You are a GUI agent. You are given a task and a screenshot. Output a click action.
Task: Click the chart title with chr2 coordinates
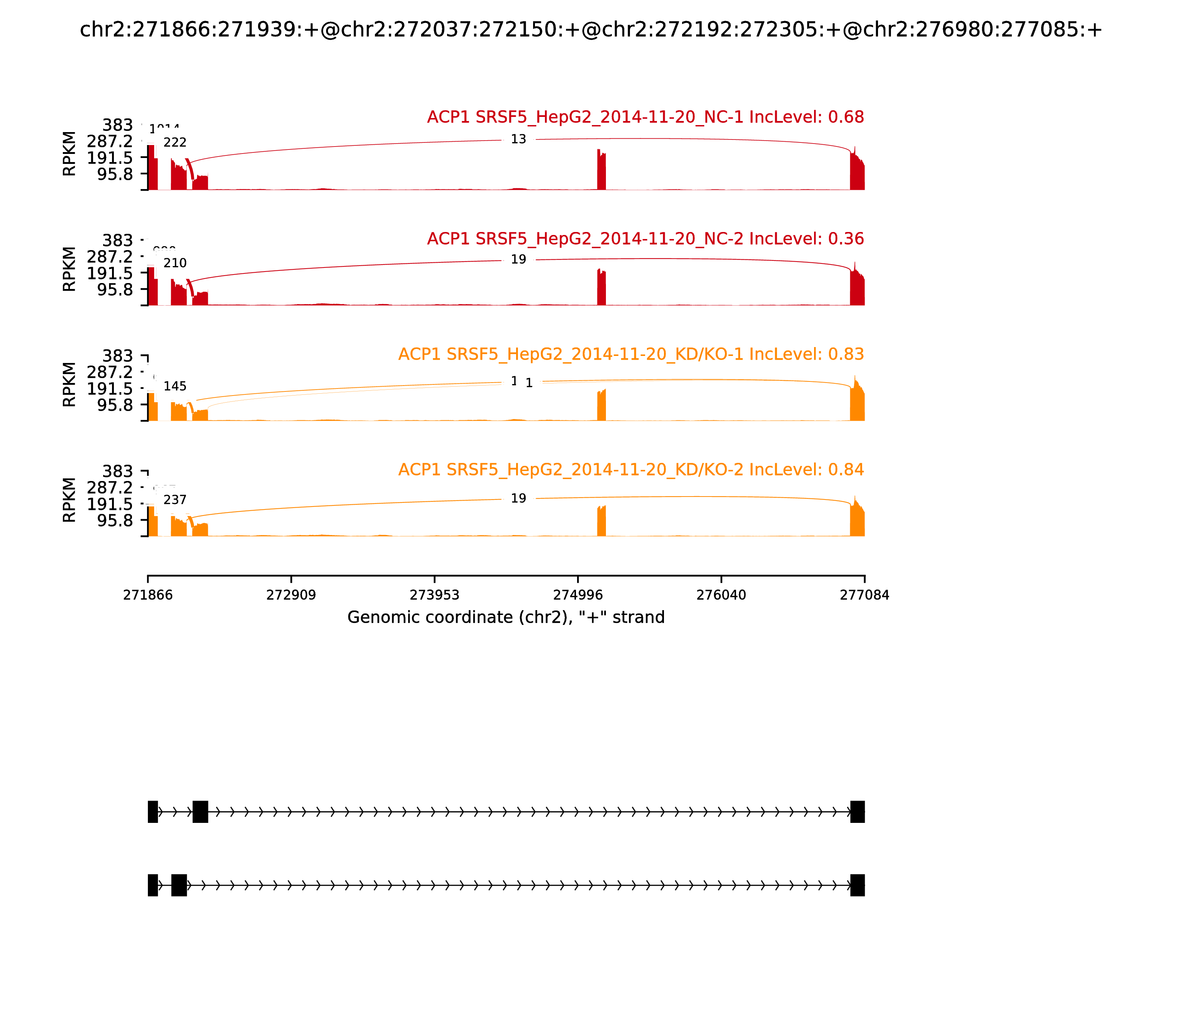coord(591,30)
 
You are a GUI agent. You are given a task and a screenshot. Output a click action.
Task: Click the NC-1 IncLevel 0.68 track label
coord(645,117)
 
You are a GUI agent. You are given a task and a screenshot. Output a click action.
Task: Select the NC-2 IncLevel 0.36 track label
coord(645,239)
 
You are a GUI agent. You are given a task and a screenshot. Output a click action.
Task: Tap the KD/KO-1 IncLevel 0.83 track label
coord(631,354)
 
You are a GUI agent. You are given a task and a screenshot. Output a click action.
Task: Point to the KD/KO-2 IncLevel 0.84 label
coord(631,470)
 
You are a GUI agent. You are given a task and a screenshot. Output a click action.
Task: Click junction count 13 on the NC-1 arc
coord(518,139)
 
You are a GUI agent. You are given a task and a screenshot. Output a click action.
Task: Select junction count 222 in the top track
coord(175,143)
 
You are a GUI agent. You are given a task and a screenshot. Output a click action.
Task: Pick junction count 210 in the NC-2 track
coord(175,263)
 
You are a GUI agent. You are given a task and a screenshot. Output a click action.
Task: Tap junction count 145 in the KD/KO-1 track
coord(175,386)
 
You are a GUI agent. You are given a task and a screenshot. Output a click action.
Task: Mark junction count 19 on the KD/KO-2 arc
coord(518,498)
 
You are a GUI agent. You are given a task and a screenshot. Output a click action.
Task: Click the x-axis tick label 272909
coord(291,595)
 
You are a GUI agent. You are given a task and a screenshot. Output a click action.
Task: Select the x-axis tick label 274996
coord(577,595)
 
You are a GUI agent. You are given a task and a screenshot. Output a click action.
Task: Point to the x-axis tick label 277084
coord(864,595)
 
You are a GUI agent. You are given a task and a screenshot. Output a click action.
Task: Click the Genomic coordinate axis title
coord(506,618)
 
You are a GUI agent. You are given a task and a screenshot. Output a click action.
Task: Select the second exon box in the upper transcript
coord(200,812)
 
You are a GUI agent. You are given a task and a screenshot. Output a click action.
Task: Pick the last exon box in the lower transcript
coord(857,885)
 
